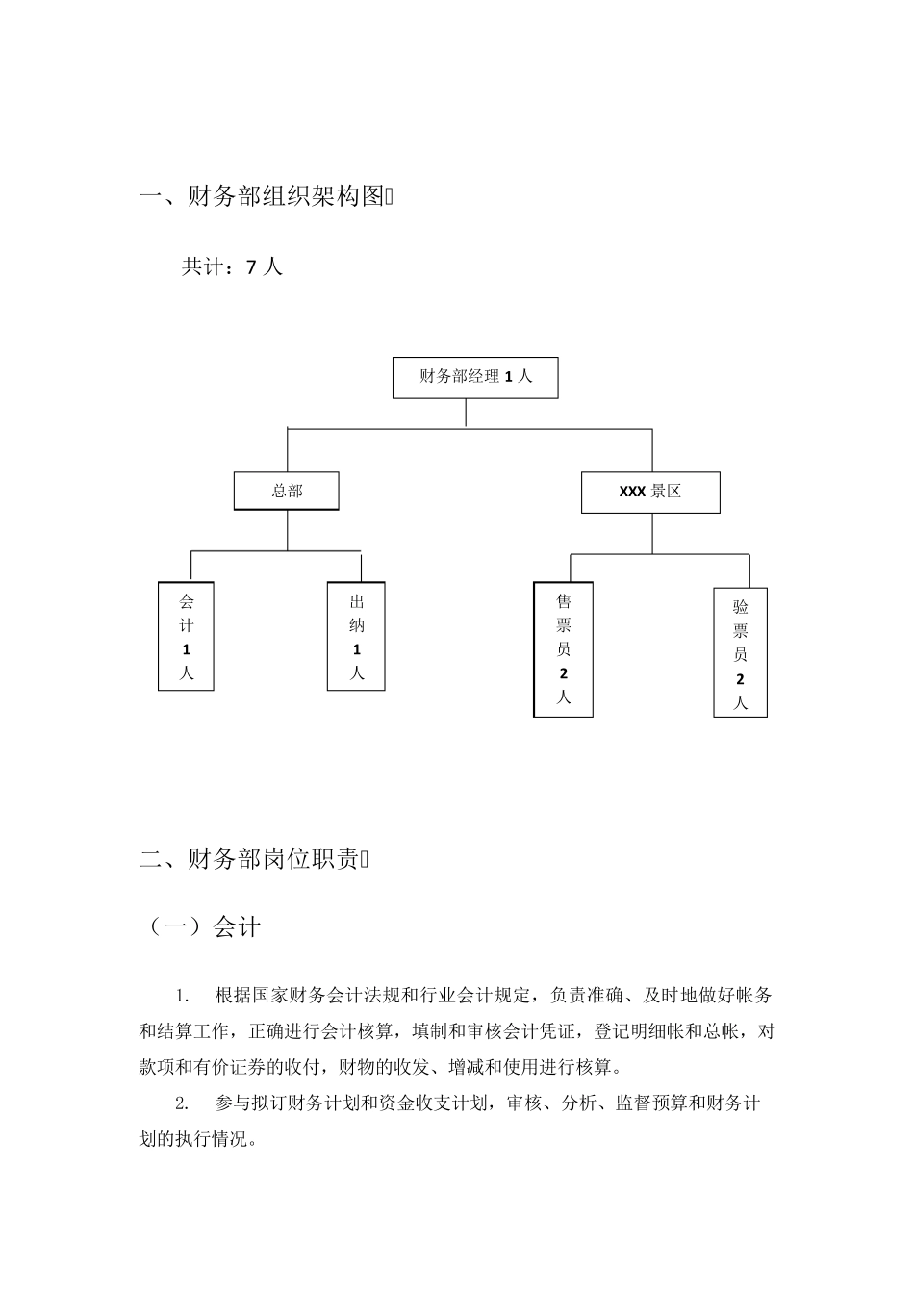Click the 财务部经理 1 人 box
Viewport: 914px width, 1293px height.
pos(475,377)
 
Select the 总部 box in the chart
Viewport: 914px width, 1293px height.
pos(287,491)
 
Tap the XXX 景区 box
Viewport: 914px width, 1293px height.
pos(650,492)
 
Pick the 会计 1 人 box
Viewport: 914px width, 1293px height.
pos(186,636)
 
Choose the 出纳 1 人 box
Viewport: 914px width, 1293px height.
pos(356,636)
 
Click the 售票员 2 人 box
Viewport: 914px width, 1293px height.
pos(564,649)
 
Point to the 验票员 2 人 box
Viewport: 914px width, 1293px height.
pos(740,652)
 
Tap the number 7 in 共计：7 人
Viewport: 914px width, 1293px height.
pos(251,268)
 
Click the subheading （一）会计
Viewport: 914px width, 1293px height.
pos(201,927)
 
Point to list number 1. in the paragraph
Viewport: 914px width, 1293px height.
pos(182,995)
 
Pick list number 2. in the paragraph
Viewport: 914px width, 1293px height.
pos(182,1103)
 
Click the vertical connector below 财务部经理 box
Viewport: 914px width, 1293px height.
pos(466,412)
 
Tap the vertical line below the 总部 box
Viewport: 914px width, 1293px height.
pos(287,530)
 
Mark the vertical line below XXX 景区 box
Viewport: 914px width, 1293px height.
pos(651,533)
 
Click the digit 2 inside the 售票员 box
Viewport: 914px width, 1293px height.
pos(564,673)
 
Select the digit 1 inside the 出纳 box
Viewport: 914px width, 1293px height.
pos(357,649)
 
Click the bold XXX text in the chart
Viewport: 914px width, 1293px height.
pos(632,492)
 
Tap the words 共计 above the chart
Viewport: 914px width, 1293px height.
pos(203,267)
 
